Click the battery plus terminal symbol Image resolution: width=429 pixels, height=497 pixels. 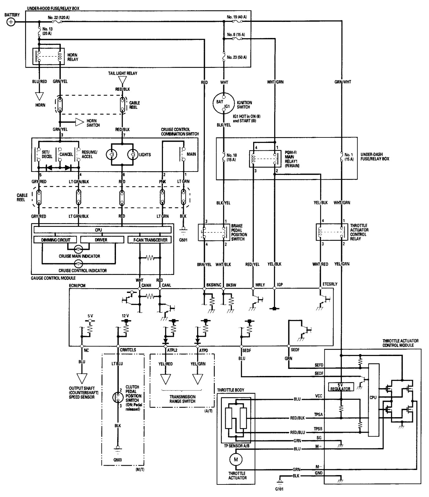[11, 22]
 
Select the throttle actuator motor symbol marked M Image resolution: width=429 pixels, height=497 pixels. [235, 459]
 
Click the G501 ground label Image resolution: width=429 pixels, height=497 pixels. [183, 239]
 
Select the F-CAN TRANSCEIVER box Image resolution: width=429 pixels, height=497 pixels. [149, 240]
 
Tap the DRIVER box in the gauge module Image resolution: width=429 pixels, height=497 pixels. [102, 240]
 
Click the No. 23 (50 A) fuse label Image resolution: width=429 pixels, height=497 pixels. [237, 57]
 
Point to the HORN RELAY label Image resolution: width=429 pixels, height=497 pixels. [72, 57]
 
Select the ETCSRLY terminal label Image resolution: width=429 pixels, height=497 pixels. [330, 285]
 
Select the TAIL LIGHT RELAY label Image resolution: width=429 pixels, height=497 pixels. [122, 73]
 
